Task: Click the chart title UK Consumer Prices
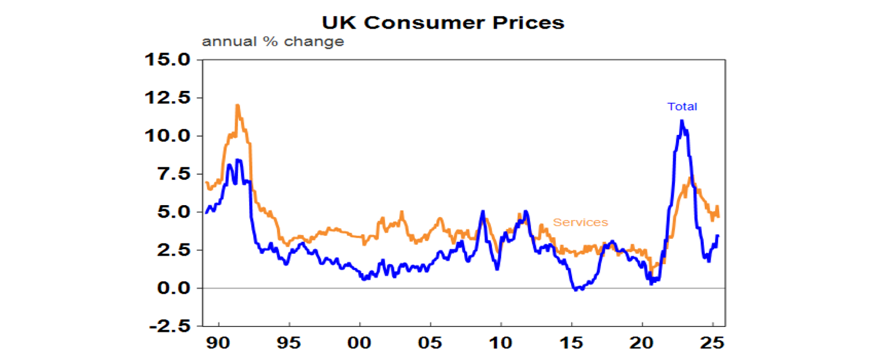[442, 22]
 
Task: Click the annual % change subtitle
[273, 42]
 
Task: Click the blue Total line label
[682, 106]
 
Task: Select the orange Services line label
[580, 222]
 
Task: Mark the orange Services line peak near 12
[237, 106]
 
